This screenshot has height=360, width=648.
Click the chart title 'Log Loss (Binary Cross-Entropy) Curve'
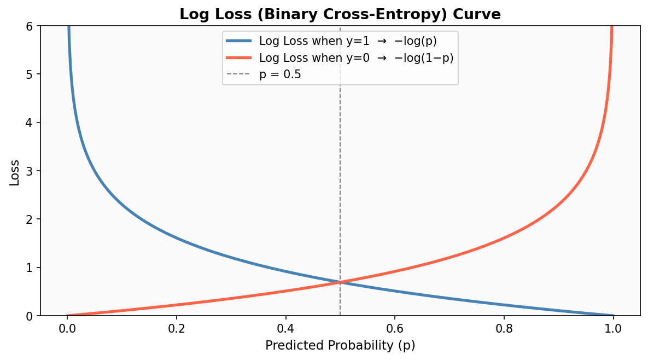(340, 14)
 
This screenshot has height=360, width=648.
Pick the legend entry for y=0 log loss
(356, 57)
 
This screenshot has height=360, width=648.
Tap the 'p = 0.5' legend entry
(280, 74)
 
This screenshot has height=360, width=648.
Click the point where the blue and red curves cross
(340, 282)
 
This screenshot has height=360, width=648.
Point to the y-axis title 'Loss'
(15, 172)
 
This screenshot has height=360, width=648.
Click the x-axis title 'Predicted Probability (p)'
(340, 346)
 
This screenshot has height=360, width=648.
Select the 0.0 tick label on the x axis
(67, 329)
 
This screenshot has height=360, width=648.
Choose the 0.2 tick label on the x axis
(176, 329)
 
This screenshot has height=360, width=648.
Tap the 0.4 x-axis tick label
(285, 329)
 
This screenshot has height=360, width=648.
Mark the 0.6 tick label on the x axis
(394, 329)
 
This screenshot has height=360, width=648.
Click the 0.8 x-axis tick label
(504, 329)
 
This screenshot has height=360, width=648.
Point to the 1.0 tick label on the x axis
(613, 329)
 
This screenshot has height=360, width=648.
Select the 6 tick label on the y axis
(30, 26)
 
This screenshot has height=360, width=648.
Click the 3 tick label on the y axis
(30, 171)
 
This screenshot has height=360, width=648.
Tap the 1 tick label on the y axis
(30, 268)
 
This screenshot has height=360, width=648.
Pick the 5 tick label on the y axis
(30, 74)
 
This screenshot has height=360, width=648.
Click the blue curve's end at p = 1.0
(612, 315)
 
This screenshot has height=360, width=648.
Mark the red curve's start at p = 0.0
(68, 315)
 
